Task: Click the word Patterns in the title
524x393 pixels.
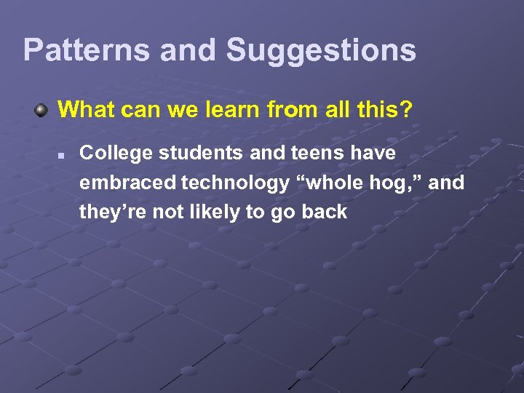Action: click(87, 50)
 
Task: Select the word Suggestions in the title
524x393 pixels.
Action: click(321, 50)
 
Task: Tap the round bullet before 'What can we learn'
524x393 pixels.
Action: click(43, 111)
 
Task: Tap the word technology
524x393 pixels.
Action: click(234, 183)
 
